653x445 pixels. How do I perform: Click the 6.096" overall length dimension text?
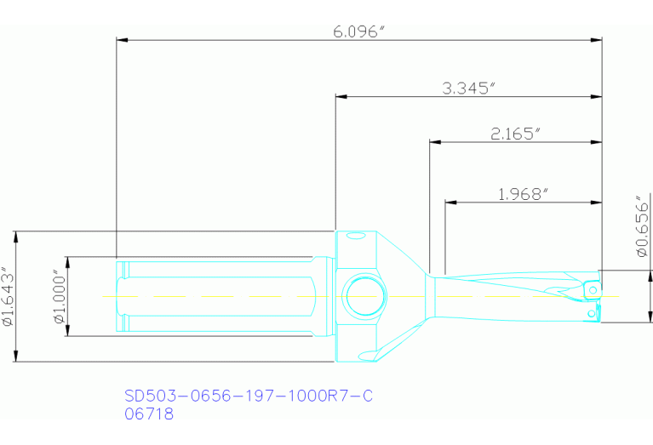point(358,31)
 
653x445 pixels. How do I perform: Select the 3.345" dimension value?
point(468,88)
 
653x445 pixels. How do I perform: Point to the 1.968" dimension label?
point(522,194)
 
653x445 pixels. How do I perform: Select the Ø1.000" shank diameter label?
point(58,297)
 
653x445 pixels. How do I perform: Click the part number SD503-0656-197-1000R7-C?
point(249,397)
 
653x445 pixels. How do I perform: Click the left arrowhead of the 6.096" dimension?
point(122,39)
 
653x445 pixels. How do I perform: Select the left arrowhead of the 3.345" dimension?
point(341,97)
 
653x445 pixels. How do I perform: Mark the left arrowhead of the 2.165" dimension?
point(434,142)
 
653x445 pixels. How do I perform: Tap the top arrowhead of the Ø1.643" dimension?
point(17,236)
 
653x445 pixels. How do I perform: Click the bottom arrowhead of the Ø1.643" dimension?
point(17,357)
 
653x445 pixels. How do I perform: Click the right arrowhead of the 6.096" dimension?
point(597,39)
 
